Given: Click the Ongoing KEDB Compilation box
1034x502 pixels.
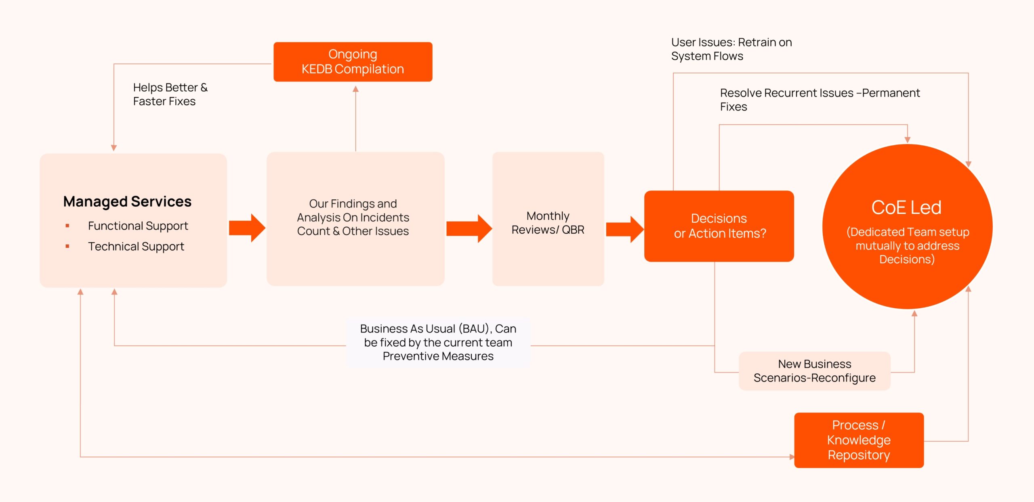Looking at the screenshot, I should coord(353,62).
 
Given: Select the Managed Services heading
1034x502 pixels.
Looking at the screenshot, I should coord(127,201).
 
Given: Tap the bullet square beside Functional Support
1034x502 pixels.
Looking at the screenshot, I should coord(67,226).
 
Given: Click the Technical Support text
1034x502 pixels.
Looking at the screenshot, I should coord(136,246).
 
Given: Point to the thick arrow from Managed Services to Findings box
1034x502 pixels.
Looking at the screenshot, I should coord(246,228).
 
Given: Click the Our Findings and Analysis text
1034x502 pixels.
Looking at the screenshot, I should coord(353,217).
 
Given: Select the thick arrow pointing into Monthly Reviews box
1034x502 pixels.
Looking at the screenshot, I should coord(469,228).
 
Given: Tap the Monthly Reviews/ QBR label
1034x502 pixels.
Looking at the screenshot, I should coord(548,223).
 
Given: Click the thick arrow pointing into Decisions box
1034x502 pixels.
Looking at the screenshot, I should coord(624,229).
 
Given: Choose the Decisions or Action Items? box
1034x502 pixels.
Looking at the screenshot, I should coord(719,226).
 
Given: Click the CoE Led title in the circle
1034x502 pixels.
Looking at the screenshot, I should coord(906,207).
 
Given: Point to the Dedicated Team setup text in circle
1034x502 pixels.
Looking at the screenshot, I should coord(907,245).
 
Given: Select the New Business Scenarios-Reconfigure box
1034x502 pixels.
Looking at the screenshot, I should coord(814,371).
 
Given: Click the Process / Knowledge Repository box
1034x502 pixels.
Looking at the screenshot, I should coord(859,440).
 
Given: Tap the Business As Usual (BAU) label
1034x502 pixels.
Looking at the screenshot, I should coord(438,342).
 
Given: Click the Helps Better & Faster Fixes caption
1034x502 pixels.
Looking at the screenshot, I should coord(170,94).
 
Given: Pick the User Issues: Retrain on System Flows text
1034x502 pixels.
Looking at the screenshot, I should coord(731,49).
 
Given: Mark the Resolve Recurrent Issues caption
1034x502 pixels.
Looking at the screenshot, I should coord(820,99).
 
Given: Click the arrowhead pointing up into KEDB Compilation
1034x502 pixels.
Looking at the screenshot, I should coord(355,89).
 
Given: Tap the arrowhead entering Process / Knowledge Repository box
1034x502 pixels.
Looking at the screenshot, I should coord(792,457).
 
